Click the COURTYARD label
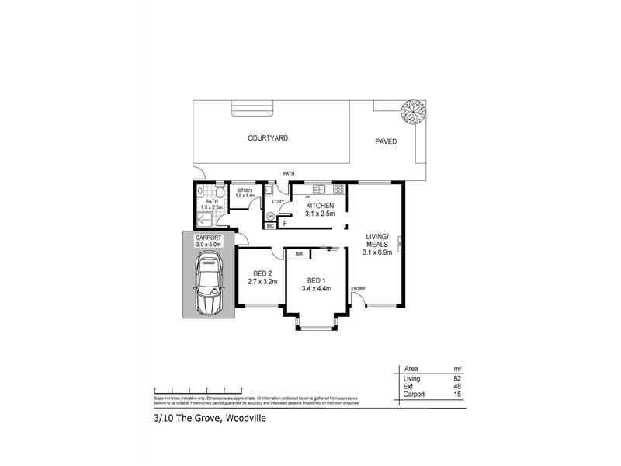coord(268,137)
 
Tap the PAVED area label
coord(386,142)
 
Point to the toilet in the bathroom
coord(220,193)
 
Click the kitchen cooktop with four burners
coord(338,190)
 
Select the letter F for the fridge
coord(285,224)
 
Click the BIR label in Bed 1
coord(299,253)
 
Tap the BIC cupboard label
coord(270,226)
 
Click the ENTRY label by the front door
coord(358,289)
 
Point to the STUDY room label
coord(245,190)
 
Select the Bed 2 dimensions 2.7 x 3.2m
coord(262,281)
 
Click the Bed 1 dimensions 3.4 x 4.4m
coord(317,288)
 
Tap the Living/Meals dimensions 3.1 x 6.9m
coord(377,251)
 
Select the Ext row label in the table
coord(408,386)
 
